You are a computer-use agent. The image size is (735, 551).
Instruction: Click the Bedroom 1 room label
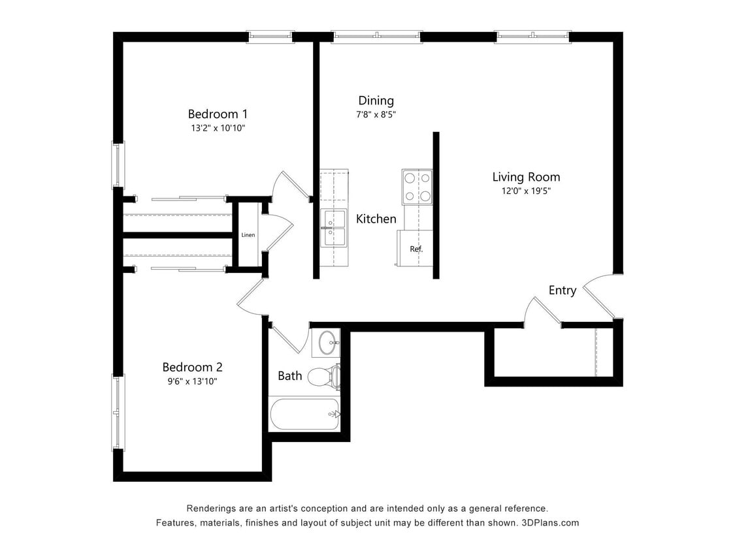(x=218, y=114)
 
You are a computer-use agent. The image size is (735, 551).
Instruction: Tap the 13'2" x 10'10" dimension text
(x=218, y=129)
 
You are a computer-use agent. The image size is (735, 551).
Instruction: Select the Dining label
(x=376, y=101)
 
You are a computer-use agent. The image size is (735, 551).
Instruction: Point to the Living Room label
(x=526, y=177)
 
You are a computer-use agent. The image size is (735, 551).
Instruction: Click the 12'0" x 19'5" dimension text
(x=526, y=191)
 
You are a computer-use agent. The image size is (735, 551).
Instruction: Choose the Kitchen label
(x=376, y=219)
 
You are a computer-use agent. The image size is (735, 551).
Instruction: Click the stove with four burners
(x=417, y=186)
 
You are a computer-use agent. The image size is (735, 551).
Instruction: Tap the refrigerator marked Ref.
(x=416, y=248)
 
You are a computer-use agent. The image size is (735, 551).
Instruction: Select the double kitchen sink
(x=335, y=227)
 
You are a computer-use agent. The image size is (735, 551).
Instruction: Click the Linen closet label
(x=248, y=235)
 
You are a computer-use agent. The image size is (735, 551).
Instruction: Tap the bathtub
(x=304, y=414)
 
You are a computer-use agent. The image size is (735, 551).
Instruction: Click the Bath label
(x=289, y=376)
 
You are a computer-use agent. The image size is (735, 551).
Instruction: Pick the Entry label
(x=562, y=291)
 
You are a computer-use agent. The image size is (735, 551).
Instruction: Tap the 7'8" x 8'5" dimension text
(x=376, y=115)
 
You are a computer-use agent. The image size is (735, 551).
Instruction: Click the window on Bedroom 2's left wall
(x=118, y=413)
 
